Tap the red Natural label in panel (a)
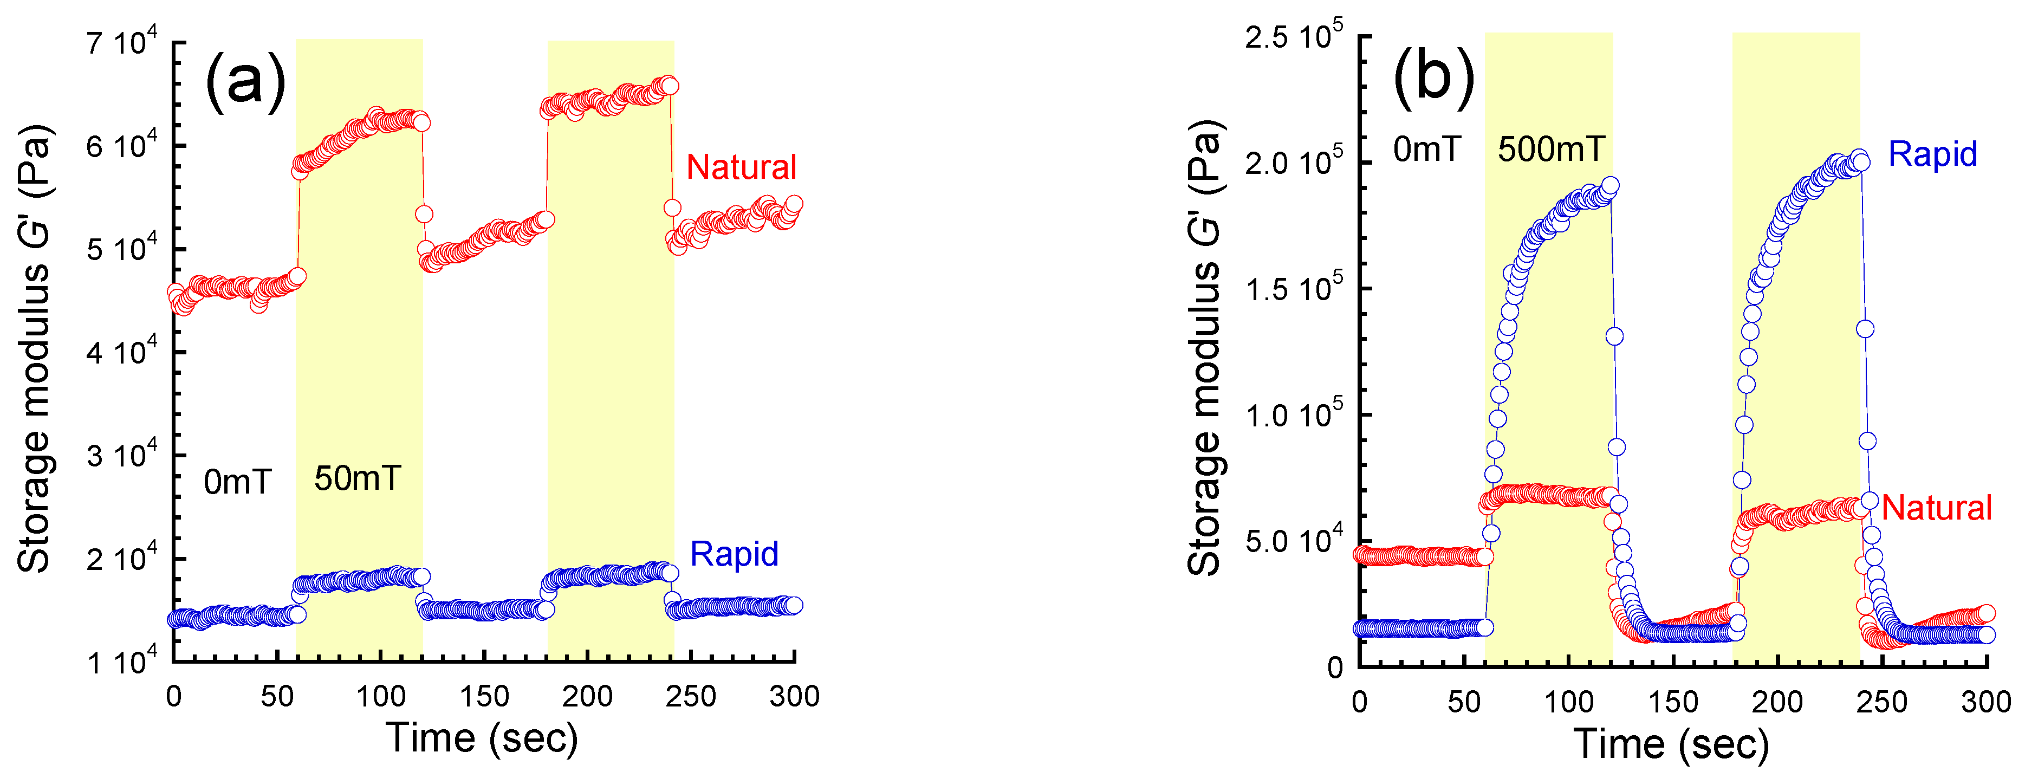[741, 167]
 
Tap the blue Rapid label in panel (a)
[734, 554]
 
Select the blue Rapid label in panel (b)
[1932, 154]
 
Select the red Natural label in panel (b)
[1936, 508]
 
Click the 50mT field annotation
[358, 478]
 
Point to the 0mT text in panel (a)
[237, 482]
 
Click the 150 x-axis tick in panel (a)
[484, 696]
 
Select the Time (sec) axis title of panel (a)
[482, 738]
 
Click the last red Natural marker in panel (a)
[794, 204]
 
